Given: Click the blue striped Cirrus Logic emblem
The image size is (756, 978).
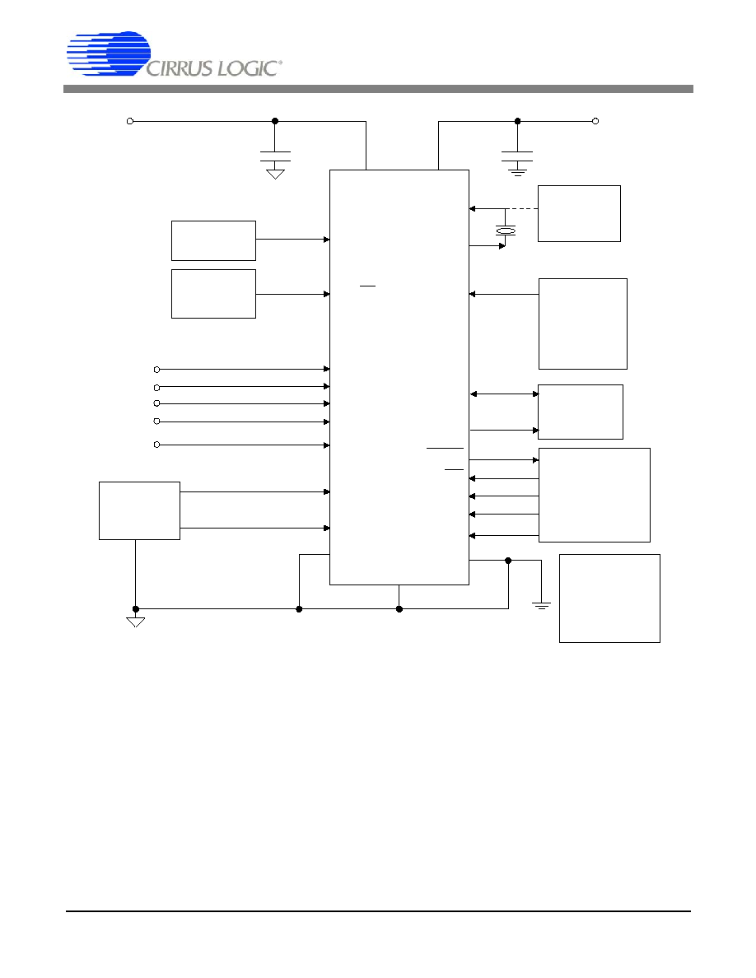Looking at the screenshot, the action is coord(109,54).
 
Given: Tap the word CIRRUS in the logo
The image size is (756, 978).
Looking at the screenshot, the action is coord(179,68).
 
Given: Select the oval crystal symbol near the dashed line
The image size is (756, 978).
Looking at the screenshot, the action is coord(506,231).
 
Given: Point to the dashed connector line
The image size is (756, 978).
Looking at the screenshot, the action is coord(522,208).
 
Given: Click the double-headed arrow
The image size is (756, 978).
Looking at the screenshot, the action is coord(504,394).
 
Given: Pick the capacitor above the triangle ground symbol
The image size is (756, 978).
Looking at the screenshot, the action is coord(275,156).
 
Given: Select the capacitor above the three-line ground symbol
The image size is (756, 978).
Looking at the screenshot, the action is coord(517,156).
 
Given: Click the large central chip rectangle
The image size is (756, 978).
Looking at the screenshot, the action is coord(399,377).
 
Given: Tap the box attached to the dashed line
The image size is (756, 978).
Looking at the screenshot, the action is coord(579,213).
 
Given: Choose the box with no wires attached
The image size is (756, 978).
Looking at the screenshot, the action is coord(609,598).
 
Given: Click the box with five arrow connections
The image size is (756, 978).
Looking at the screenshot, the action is coord(595,496).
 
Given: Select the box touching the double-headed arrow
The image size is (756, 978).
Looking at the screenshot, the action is coord(580,412).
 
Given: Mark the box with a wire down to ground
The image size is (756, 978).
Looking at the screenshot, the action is coord(140,511).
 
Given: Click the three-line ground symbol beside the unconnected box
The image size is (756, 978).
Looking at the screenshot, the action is coord(541,605).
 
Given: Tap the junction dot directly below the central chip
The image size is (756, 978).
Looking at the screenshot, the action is coord(399,608).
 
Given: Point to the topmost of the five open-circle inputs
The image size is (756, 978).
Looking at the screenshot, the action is coord(156,370).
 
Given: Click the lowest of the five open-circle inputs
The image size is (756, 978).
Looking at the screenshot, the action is coord(156,445).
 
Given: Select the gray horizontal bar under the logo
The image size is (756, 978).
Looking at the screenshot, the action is coord(378,89).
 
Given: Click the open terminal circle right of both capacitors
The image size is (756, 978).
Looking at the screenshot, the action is coord(595,121).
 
